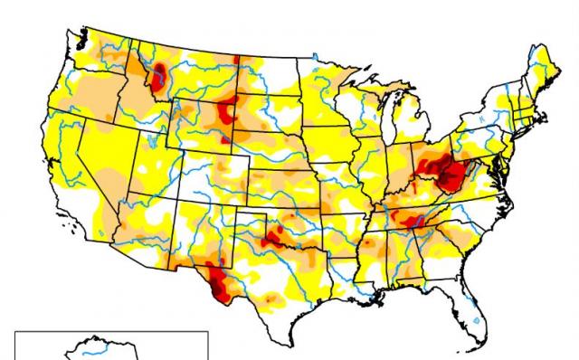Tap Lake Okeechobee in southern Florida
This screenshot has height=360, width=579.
tap(477, 321)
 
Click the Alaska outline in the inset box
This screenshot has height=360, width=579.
tap(90, 349)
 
